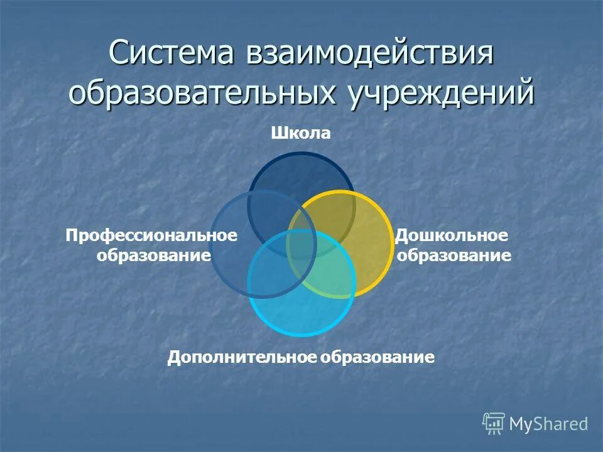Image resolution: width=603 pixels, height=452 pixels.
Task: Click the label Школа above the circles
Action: (x=301, y=133)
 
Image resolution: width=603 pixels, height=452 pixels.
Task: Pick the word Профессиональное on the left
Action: (x=152, y=235)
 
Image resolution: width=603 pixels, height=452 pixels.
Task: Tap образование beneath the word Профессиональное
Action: (x=153, y=256)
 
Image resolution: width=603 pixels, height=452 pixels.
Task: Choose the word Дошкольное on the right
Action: (x=451, y=235)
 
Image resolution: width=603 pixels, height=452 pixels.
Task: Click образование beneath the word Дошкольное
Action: (x=454, y=256)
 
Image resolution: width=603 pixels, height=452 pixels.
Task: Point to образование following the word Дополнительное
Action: (x=378, y=358)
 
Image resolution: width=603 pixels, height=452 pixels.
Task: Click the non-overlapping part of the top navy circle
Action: (x=301, y=171)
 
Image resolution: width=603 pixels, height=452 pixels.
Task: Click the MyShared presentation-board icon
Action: (x=494, y=424)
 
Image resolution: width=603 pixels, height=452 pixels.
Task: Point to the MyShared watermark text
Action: (x=548, y=424)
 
